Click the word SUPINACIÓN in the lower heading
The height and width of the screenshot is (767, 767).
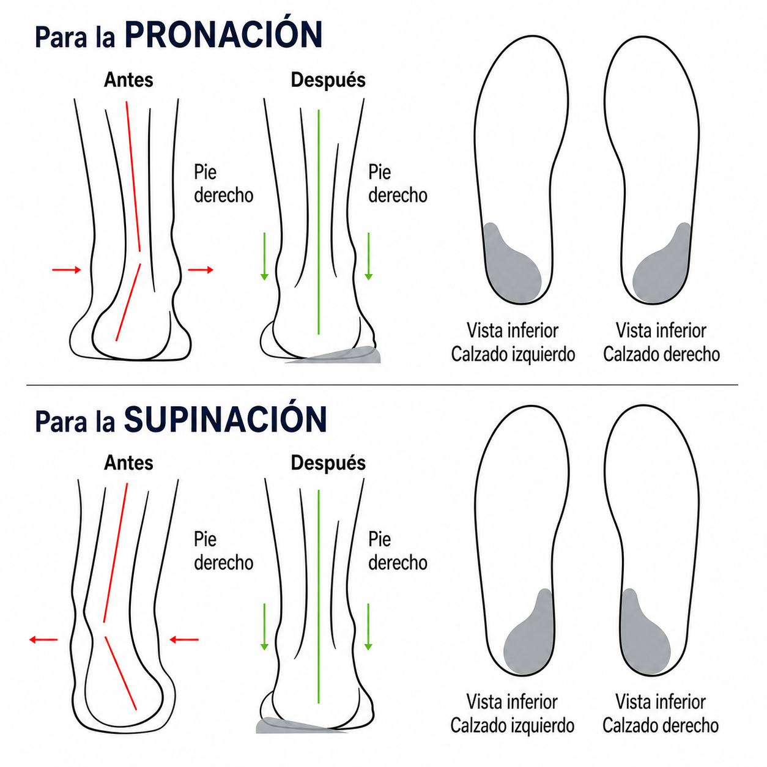pos(225,420)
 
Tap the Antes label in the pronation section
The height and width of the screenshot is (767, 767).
pos(128,80)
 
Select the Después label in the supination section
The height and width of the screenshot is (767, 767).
pos(328,464)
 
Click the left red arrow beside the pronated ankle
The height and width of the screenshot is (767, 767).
pos(67,270)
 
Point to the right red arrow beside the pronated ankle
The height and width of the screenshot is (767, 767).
pos(201,270)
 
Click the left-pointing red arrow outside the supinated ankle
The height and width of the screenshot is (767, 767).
pos(43,640)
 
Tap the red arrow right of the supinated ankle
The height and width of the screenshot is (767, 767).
pos(184,640)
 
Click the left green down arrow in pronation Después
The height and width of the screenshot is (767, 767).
pos(264,256)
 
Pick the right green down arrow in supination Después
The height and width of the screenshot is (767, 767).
pos(368,627)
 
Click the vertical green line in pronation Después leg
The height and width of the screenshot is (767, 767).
pos(319,222)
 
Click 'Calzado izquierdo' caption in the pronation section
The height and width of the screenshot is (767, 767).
pos(513,354)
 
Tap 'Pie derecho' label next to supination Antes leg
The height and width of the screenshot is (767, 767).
pos(223,551)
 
